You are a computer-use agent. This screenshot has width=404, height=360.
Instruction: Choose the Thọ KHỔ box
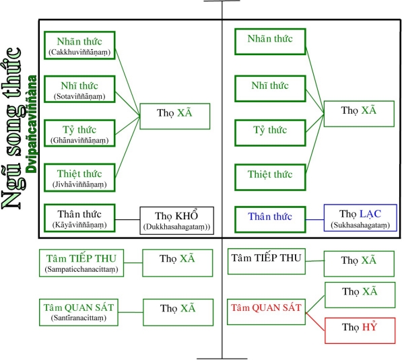[x=177, y=221]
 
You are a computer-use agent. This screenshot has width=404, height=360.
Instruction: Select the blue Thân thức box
[x=269, y=217]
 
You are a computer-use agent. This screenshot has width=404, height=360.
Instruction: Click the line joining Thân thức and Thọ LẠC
[x=314, y=218]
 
